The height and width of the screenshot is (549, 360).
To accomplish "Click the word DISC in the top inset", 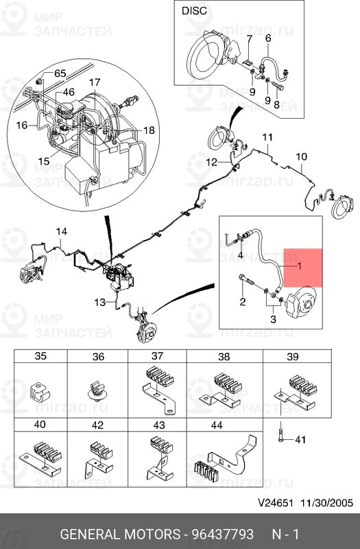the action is point(194,11).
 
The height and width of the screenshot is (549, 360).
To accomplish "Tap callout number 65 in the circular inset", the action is point(60,73).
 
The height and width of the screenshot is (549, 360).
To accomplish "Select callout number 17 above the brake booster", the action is point(95,82).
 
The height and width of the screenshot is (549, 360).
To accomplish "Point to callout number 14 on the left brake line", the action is point(62,231).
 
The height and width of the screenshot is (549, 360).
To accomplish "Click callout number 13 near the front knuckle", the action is point(99,302).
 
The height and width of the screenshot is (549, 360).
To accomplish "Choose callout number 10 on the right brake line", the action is point(301,156).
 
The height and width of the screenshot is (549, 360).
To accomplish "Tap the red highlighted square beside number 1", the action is point(303,268).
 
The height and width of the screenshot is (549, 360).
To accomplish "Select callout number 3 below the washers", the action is point(273,319).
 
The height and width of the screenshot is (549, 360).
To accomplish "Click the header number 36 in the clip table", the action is point(98,356).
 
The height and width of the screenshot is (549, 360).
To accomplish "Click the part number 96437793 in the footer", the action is point(222,535).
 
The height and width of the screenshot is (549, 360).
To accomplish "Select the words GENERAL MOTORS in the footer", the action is point(119,535).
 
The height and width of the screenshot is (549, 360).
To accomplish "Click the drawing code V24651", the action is point(276,503).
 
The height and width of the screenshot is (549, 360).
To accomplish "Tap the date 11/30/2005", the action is point(327,503).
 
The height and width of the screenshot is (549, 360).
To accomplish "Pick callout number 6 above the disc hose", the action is point(268,38).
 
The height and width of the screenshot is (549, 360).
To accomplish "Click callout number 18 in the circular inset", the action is point(149,130).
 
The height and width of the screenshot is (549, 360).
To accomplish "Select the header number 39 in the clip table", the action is point(293,356).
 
